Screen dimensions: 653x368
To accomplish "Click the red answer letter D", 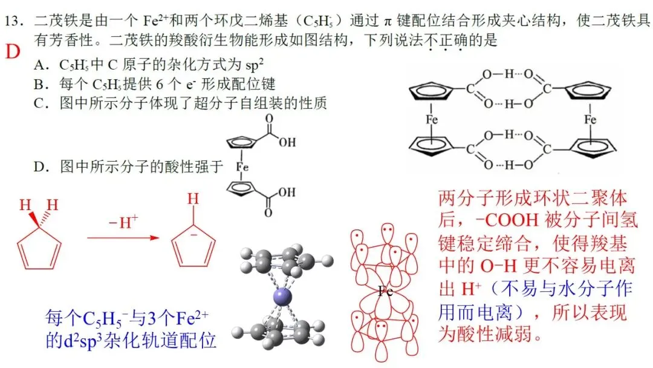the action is click(13, 51).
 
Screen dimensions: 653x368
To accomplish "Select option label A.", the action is click(40, 65).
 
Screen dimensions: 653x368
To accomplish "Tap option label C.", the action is click(40, 103).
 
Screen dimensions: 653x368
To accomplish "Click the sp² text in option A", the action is click(255, 65).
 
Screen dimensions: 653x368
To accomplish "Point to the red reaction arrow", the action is click(123, 237).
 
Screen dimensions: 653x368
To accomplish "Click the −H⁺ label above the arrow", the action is click(123, 222).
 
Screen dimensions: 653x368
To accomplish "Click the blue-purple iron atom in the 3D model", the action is click(282, 298).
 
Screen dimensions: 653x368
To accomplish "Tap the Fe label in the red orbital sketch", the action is click(385, 291).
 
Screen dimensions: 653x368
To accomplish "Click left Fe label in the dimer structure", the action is click(432, 120).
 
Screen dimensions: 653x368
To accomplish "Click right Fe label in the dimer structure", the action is click(590, 120).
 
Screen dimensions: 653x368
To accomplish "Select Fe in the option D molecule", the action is click(242, 167).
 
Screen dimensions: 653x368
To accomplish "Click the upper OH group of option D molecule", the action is click(287, 142).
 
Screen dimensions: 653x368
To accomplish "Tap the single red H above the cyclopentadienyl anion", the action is click(193, 199).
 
